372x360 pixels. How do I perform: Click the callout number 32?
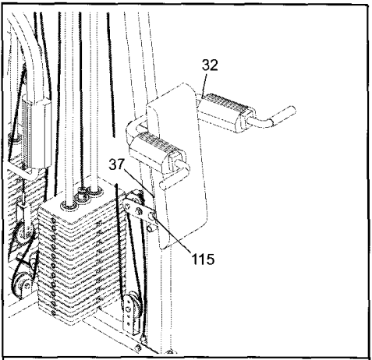point(210,65)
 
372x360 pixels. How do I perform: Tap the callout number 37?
point(117,164)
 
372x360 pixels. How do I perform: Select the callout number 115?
point(203,259)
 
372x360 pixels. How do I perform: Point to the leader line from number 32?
point(205,86)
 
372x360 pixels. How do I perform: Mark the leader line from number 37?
point(140,182)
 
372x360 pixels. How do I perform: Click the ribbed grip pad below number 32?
point(225,104)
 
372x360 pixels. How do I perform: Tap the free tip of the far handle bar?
point(292,110)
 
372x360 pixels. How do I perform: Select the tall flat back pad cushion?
point(178,166)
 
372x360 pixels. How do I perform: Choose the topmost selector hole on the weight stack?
point(53,221)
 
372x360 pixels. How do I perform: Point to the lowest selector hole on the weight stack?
point(54,313)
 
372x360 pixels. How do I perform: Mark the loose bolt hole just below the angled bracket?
point(150,228)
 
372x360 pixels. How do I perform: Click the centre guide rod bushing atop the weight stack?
point(82,196)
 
